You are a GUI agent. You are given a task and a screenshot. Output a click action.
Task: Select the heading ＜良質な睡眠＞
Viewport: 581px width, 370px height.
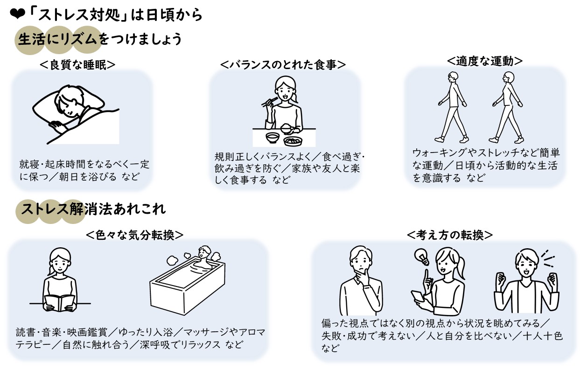pyautogui.click(x=77, y=64)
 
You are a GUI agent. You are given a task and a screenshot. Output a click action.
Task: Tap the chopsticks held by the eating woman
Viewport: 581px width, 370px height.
pyautogui.click(x=268, y=102)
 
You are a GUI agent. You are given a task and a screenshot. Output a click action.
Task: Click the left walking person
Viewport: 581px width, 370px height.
pyautogui.click(x=451, y=107)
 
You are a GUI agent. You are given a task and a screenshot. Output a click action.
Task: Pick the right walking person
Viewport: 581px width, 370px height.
pyautogui.click(x=506, y=107)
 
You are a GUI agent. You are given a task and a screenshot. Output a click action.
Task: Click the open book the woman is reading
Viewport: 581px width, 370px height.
pyautogui.click(x=59, y=302)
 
